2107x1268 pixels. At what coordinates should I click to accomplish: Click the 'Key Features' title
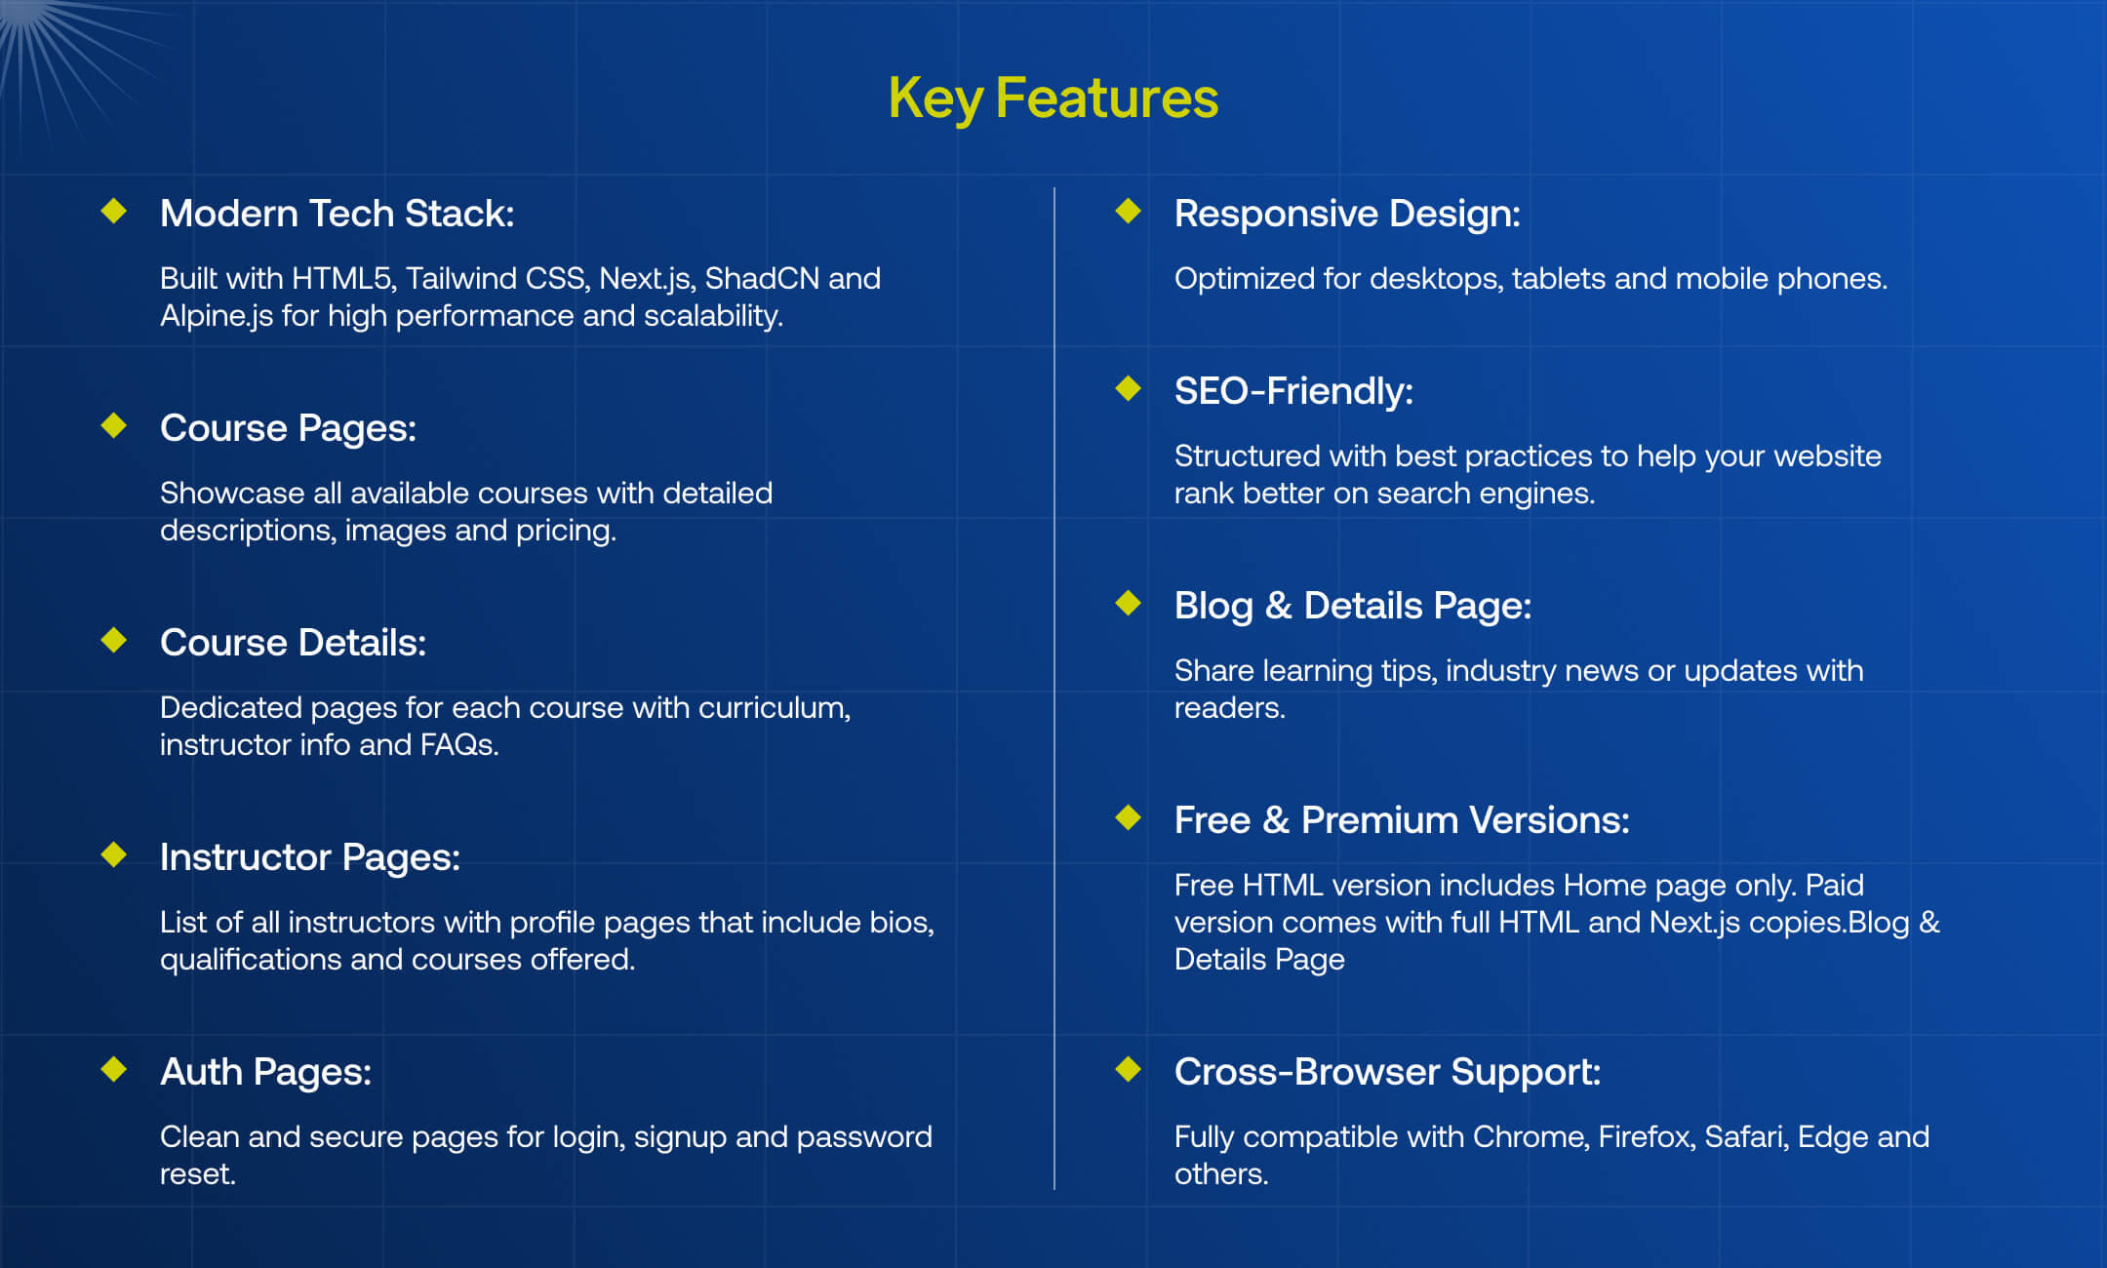pyautogui.click(x=1053, y=99)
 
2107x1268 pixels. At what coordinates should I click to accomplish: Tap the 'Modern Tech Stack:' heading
pyautogui.click(x=337, y=213)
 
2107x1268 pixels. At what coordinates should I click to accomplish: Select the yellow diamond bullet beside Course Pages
pyautogui.click(x=114, y=425)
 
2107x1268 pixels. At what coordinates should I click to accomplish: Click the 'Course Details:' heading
pyautogui.click(x=293, y=642)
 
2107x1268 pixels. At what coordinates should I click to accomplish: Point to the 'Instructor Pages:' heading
pyautogui.click(x=310, y=857)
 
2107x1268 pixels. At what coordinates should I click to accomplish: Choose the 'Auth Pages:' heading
pyautogui.click(x=265, y=1072)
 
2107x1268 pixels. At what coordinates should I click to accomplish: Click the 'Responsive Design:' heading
pyautogui.click(x=1347, y=214)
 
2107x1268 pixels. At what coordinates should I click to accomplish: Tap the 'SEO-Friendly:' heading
pyautogui.click(x=1293, y=391)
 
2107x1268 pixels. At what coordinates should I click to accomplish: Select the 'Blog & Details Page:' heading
pyautogui.click(x=1353, y=606)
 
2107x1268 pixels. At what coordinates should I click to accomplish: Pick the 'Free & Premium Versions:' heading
pyautogui.click(x=1402, y=820)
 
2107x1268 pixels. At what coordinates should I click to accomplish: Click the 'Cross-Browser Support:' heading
pyautogui.click(x=1387, y=1072)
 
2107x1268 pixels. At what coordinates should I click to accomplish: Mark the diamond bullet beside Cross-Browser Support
pyautogui.click(x=1129, y=1069)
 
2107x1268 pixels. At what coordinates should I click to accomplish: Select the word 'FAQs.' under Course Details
pyautogui.click(x=459, y=745)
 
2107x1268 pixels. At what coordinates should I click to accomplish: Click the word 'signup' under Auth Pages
pyautogui.click(x=680, y=1138)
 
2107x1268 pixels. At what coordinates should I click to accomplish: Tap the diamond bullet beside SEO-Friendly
pyautogui.click(x=1129, y=388)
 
